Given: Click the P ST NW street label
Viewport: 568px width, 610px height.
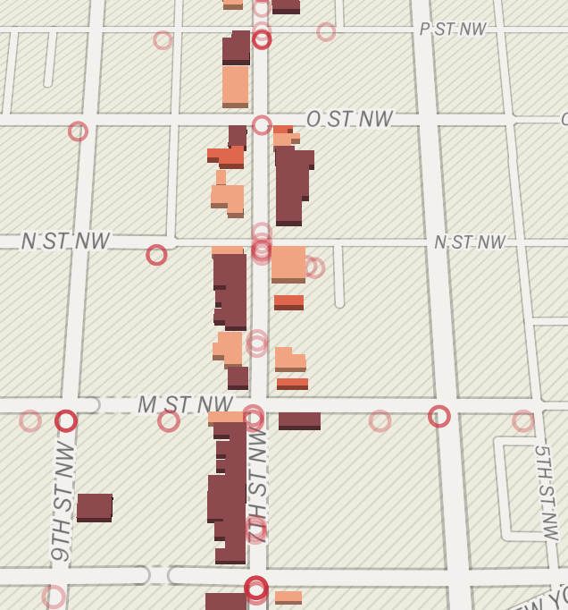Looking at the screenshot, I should (x=453, y=30).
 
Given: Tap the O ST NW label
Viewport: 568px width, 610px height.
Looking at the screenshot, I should (x=349, y=119).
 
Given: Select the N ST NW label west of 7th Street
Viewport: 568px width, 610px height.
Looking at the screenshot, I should (x=65, y=241).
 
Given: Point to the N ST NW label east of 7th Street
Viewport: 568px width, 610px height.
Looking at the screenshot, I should (x=469, y=242).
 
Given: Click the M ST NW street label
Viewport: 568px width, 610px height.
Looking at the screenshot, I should (x=185, y=405).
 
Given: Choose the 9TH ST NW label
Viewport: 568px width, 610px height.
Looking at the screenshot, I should (x=63, y=501).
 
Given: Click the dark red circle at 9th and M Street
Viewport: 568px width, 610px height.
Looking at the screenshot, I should (x=66, y=420).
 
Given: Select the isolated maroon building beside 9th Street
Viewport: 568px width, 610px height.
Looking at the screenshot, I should (x=95, y=507).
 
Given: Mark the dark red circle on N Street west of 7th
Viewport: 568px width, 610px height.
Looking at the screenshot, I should (x=156, y=255).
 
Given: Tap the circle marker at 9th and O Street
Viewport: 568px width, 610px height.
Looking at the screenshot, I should (x=78, y=131).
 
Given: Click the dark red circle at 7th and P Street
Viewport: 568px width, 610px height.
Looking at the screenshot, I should (x=262, y=39).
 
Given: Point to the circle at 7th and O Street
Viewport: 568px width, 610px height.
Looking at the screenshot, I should (x=262, y=125).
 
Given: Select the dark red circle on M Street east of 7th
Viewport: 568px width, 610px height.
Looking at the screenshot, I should (x=439, y=416).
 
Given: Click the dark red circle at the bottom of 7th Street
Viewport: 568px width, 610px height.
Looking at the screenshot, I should (x=256, y=588).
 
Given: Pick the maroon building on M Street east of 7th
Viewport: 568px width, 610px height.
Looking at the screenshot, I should (x=299, y=420).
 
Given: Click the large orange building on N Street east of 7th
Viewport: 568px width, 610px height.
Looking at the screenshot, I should (x=288, y=264).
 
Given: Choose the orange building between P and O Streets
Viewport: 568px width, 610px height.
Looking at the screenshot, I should (x=235, y=86).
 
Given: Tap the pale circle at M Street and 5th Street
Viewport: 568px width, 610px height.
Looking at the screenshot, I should (x=523, y=420).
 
